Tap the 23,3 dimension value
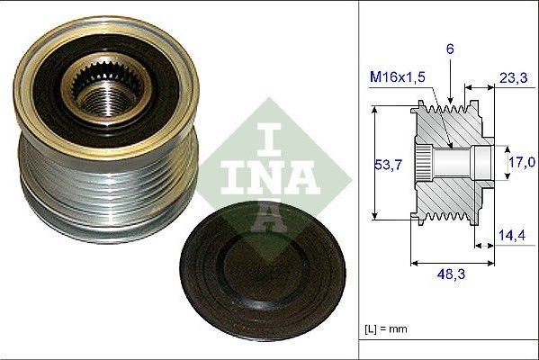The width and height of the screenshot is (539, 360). (x=512, y=79)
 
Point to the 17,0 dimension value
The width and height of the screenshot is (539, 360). (x=521, y=163)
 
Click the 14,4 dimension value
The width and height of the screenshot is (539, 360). (x=512, y=236)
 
